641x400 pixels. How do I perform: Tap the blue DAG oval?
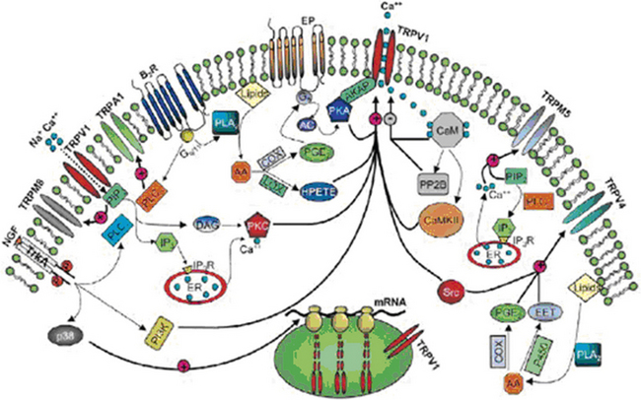coord(207,226)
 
